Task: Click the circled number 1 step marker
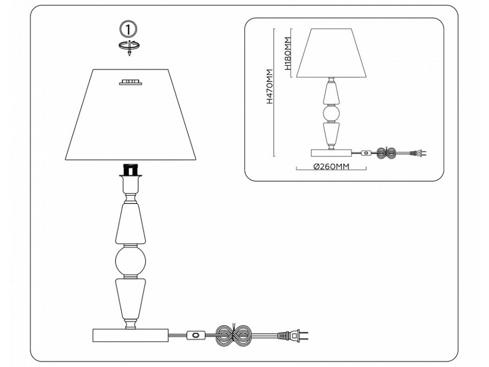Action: point(128,29)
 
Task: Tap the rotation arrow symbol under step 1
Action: point(129,47)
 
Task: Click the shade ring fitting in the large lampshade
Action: point(130,82)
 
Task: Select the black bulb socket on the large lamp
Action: point(130,170)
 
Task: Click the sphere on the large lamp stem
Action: point(130,261)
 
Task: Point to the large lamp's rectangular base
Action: point(130,335)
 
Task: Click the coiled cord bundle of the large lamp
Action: point(233,335)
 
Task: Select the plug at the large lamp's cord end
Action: point(293,335)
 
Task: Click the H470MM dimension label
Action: point(269,86)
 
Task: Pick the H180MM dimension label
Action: point(287,53)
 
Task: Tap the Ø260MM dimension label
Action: point(331,167)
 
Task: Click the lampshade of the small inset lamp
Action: point(331,53)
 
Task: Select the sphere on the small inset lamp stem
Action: point(331,114)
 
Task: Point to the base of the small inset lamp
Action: point(331,153)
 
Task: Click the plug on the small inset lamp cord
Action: point(418,153)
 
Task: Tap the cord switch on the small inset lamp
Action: point(366,153)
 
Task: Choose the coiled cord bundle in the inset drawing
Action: point(387,153)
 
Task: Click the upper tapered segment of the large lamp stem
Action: point(130,223)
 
